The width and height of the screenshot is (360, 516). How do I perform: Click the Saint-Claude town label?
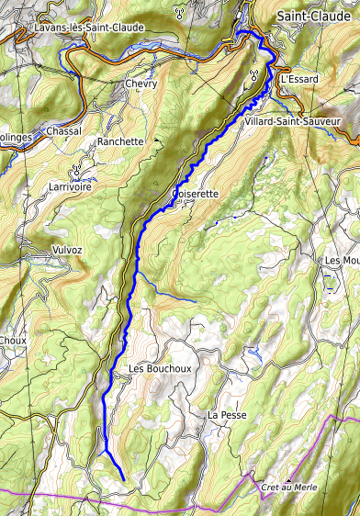(x=316, y=17)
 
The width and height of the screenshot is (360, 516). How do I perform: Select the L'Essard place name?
(x=298, y=79)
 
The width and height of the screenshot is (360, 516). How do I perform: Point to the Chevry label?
(x=141, y=84)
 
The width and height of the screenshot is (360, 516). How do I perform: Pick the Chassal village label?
(x=63, y=131)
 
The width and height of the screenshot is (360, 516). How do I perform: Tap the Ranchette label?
(x=120, y=141)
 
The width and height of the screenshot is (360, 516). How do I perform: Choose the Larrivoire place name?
(x=79, y=185)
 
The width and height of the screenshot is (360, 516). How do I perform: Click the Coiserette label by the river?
(x=195, y=194)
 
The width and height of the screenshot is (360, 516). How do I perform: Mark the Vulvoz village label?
(x=67, y=250)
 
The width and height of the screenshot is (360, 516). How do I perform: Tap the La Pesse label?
(x=227, y=415)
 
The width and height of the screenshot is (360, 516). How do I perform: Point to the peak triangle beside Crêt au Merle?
(x=287, y=478)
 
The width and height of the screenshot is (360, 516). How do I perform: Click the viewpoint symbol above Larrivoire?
(x=78, y=171)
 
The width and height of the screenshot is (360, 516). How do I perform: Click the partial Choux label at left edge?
(x=12, y=340)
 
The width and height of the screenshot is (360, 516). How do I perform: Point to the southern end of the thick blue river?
(x=123, y=479)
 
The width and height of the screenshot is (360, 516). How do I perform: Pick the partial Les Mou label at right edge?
(x=343, y=261)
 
